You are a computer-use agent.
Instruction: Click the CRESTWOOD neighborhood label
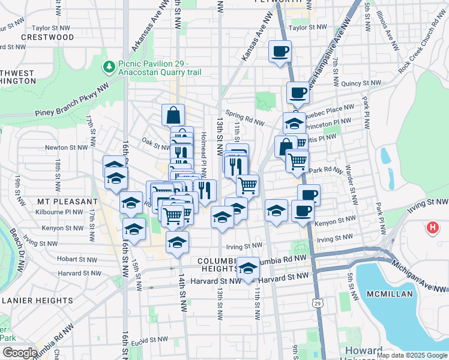pyautogui.click(x=47, y=37)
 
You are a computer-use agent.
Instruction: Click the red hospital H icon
pyautogui.click(x=432, y=228)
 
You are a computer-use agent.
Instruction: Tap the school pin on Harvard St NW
pyautogui.click(x=248, y=269)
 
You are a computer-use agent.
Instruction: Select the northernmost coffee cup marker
pyautogui.click(x=279, y=51)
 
